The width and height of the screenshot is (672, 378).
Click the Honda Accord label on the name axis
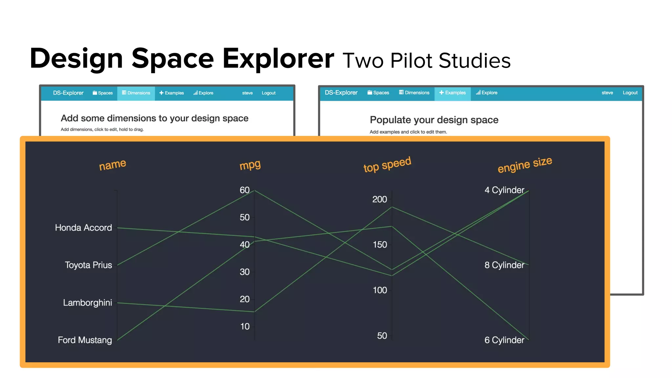(x=83, y=227)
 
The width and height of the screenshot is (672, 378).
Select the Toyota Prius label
(x=88, y=265)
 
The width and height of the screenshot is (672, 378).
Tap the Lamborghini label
(x=87, y=303)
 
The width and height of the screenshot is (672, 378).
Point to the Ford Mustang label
(x=85, y=340)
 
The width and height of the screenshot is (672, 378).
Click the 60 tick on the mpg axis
(x=244, y=190)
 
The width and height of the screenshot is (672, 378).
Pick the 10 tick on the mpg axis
(x=245, y=326)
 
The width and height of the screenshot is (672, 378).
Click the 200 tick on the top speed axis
(x=380, y=199)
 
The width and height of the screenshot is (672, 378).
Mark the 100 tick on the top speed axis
(x=380, y=290)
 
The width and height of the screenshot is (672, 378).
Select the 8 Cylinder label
(x=504, y=265)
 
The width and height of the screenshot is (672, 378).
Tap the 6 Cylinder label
(x=504, y=340)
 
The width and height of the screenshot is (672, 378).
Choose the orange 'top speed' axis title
(x=387, y=164)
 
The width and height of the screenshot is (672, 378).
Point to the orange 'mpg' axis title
(x=250, y=165)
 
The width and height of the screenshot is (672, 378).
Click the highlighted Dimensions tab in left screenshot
(x=136, y=93)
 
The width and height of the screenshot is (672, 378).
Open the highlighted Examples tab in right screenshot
(x=452, y=93)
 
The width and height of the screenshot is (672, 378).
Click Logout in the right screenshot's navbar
(x=630, y=93)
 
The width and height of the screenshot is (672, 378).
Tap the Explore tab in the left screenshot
(x=203, y=93)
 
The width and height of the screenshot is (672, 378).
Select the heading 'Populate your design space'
(x=434, y=120)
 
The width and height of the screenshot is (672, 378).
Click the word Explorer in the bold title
(x=278, y=58)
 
